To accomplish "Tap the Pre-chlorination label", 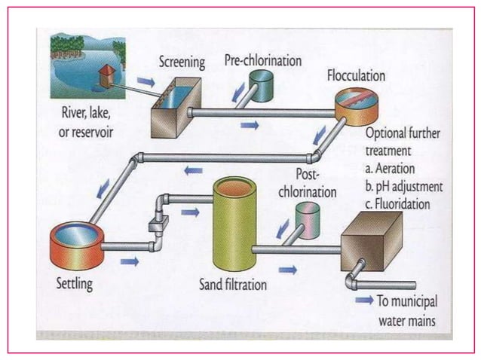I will pos(263,59).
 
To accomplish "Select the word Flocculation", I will pos(356,76).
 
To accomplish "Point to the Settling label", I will pos(74,285).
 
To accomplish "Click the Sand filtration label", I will pos(234,285).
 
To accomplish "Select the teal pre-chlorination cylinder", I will pos(263,85).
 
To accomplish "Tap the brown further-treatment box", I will pos(371,241).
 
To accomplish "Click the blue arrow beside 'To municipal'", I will pos(364,300).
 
